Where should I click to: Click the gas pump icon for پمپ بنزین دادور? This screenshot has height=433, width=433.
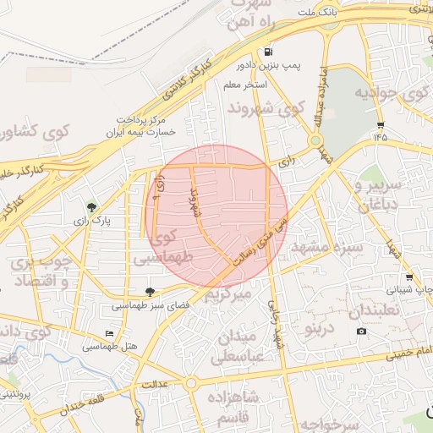coord(269,52)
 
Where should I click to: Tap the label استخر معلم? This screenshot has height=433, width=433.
coord(245,86)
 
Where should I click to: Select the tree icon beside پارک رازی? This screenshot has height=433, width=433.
coord(91,206)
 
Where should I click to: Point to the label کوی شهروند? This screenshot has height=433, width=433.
coord(265,109)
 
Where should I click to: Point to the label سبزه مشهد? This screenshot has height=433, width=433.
coord(326,248)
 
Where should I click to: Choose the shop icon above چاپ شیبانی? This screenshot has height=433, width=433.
coord(409,277)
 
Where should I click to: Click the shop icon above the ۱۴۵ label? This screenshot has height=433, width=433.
coord(381,123)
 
